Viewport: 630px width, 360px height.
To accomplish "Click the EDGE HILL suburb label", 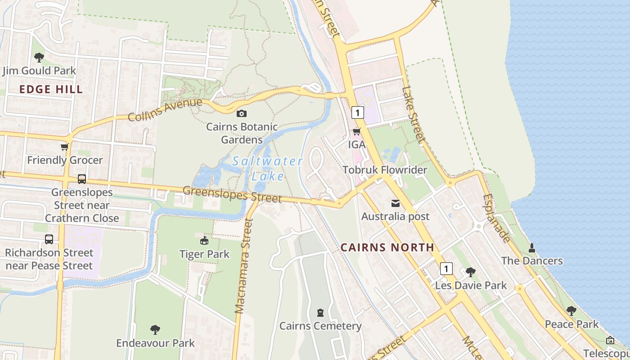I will click(x=51, y=89).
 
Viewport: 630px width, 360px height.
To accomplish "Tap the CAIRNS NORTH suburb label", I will click(x=387, y=247).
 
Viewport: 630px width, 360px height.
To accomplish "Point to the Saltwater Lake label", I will click(x=268, y=168).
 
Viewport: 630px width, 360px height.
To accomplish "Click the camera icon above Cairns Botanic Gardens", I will click(x=242, y=113).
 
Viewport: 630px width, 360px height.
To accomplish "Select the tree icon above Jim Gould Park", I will click(x=39, y=58).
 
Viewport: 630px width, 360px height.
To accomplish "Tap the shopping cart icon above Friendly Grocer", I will click(x=65, y=147).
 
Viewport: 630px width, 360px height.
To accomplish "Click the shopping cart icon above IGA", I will click(x=356, y=131).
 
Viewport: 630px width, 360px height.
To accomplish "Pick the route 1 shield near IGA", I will click(x=357, y=112).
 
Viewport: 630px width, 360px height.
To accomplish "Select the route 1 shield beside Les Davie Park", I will click(x=445, y=269).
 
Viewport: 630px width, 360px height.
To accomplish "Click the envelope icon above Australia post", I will click(x=395, y=203).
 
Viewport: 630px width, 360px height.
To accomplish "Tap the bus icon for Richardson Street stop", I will click(x=49, y=239).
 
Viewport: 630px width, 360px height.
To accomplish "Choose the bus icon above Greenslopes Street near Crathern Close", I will click(x=82, y=179).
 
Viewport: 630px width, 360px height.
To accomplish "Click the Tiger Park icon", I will click(x=204, y=241).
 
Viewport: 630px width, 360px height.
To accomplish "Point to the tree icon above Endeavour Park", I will click(x=155, y=330).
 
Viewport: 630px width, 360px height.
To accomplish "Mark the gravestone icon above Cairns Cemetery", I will click(x=320, y=312).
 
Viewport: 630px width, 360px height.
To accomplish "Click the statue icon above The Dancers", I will click(x=532, y=247).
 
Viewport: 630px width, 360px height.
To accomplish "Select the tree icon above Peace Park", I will click(x=571, y=310).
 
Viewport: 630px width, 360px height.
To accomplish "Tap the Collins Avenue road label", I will click(x=165, y=110).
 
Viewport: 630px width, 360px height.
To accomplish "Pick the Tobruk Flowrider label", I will click(x=385, y=170).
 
